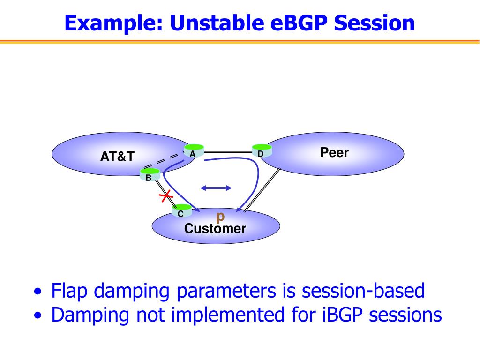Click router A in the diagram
click(194, 150)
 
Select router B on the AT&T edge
click(150, 175)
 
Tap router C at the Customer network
click(182, 211)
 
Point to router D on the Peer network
click(262, 150)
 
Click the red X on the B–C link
click(166, 196)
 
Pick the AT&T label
click(117, 157)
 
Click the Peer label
click(334, 152)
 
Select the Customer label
click(215, 229)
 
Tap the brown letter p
click(220, 217)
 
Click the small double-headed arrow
click(216, 188)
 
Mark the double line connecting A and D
click(228, 152)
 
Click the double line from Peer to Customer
click(262, 190)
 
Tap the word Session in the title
click(374, 23)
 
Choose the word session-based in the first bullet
click(363, 291)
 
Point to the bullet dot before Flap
click(37, 292)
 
